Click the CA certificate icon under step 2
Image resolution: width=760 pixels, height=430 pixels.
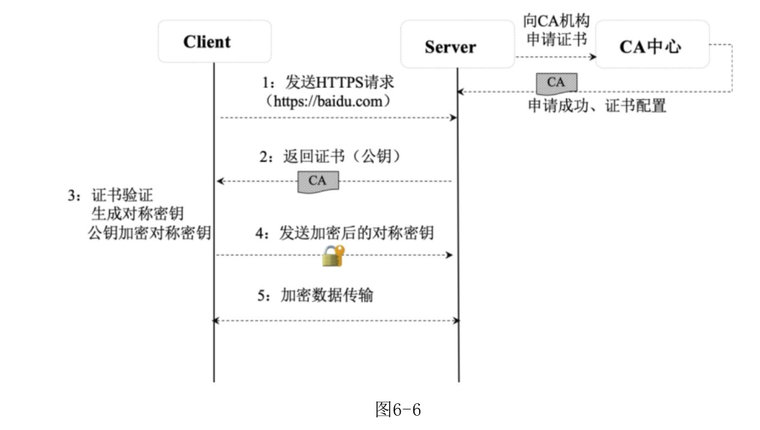pyautogui.click(x=317, y=181)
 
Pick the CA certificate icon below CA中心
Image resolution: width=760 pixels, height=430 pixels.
pyautogui.click(x=556, y=83)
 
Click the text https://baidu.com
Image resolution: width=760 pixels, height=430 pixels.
pyautogui.click(x=328, y=101)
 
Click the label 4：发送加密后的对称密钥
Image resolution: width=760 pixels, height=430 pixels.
pyautogui.click(x=345, y=234)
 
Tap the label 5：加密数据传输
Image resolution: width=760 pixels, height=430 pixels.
pyautogui.click(x=315, y=295)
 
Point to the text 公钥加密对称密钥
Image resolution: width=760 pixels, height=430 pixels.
pyautogui.click(x=150, y=233)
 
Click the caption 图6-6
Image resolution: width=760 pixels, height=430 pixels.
pyautogui.click(x=398, y=409)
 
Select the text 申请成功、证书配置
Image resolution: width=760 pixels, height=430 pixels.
pyautogui.click(x=597, y=107)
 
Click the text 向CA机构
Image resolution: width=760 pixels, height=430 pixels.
pyautogui.click(x=557, y=21)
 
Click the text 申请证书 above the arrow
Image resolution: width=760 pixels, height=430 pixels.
pyautogui.click(x=557, y=38)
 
